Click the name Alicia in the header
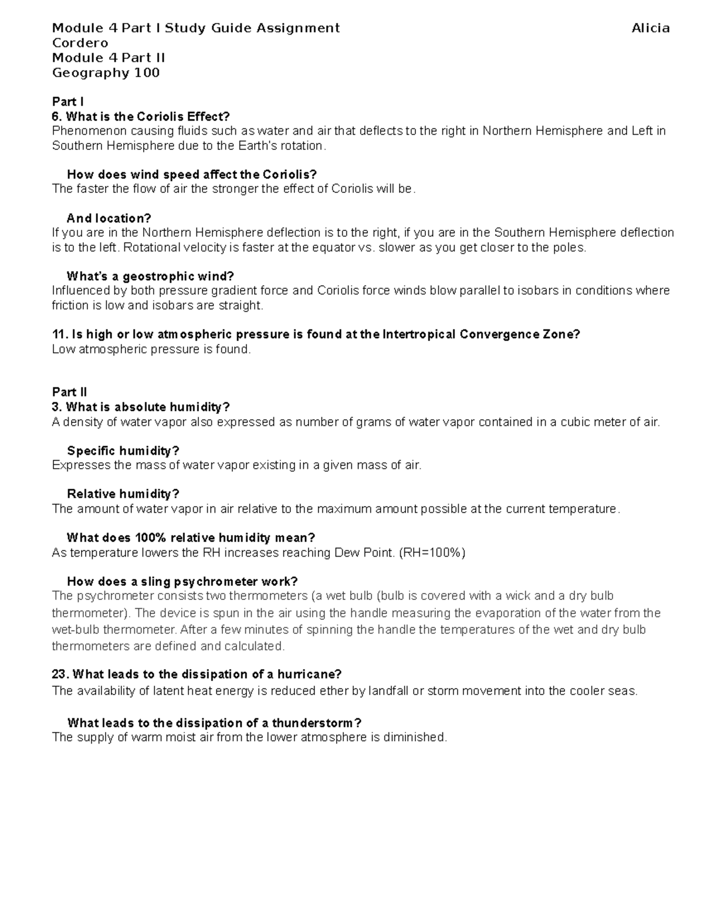point(650,28)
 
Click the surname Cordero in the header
point(80,43)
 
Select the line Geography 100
point(106,73)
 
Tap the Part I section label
point(67,101)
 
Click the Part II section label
point(69,392)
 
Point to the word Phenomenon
point(86,131)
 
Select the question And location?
point(109,218)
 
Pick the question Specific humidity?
point(123,451)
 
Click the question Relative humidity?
point(123,494)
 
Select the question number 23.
point(60,674)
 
